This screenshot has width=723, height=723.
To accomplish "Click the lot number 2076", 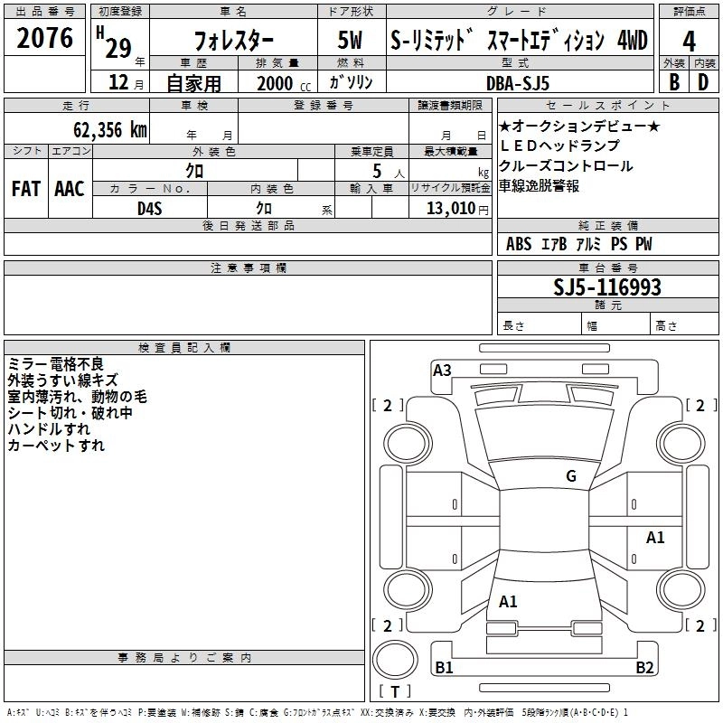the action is (x=45, y=40).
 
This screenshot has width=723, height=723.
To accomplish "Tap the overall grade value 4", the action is (x=689, y=41).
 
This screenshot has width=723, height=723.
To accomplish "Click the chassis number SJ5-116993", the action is (x=607, y=287).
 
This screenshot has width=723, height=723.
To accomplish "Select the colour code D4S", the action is (x=150, y=209).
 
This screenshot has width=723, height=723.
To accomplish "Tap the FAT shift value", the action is (x=26, y=189).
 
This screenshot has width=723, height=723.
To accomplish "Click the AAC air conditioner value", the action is (x=70, y=189).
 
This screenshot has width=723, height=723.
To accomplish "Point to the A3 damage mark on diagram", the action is (x=442, y=370).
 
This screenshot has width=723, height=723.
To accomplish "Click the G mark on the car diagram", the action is (x=570, y=476).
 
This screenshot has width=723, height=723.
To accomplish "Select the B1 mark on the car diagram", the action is (x=445, y=668).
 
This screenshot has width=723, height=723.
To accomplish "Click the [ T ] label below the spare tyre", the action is (x=395, y=691).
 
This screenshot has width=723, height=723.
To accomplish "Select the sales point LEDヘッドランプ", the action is (x=560, y=146).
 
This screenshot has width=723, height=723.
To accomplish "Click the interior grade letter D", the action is (x=702, y=82).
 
